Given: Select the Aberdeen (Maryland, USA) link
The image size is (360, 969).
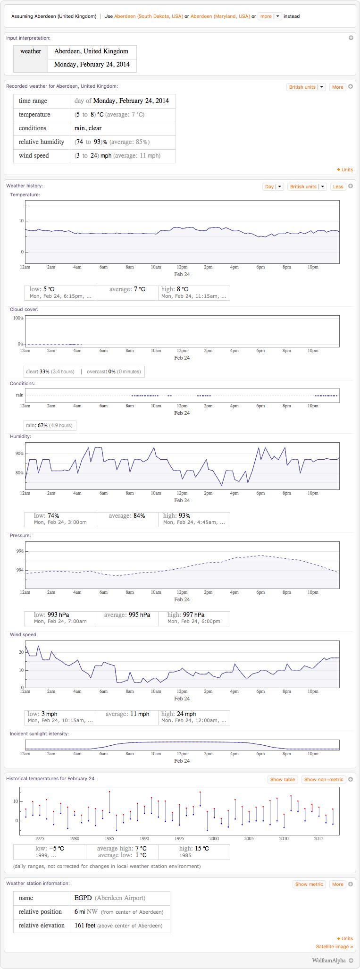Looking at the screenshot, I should pyautogui.click(x=220, y=17).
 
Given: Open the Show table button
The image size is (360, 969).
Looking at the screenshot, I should pyautogui.click(x=282, y=779).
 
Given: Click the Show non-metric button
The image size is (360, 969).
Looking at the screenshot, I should pyautogui.click(x=324, y=779).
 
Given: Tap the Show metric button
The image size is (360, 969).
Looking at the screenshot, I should pyautogui.click(x=309, y=884).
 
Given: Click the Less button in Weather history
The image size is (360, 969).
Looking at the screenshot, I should pyautogui.click(x=338, y=187).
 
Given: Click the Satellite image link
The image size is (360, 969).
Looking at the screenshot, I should pyautogui.click(x=334, y=946).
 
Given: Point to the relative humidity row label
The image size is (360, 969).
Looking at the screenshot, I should pyautogui.click(x=42, y=142).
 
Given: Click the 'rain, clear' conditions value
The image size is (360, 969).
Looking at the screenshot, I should pyautogui.click(x=88, y=128).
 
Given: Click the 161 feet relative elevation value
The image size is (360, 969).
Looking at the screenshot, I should pyautogui.click(x=85, y=925).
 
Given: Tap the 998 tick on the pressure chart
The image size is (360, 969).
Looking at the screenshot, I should pyautogui.click(x=20, y=551).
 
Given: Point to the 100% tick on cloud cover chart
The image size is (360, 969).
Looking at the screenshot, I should pyautogui.click(x=18, y=318).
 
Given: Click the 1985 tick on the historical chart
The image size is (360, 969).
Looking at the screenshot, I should pyautogui.click(x=109, y=839).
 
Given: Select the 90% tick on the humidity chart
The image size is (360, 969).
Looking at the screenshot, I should pyautogui.click(x=19, y=454).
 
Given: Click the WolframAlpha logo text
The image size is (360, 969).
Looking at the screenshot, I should pyautogui.click(x=328, y=960).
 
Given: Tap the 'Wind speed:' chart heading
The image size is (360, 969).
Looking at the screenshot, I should pyautogui.click(x=24, y=635).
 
